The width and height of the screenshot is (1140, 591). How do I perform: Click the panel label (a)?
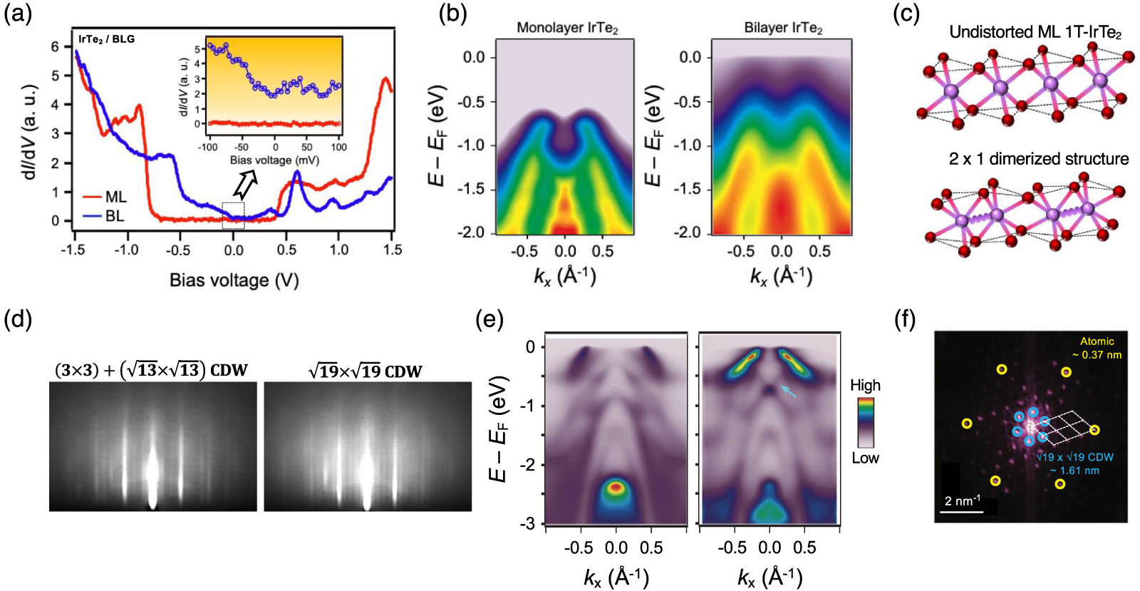coord(18,14)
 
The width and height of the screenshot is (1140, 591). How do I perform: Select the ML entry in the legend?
coord(114,197)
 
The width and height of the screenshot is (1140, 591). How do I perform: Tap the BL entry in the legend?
coord(114,215)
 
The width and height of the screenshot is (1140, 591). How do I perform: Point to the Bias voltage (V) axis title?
coord(234,280)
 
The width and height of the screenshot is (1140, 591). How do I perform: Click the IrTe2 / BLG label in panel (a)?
coord(106,39)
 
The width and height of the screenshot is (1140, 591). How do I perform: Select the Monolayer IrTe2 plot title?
coord(567,29)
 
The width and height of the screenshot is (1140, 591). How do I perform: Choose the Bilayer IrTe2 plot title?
coord(783,29)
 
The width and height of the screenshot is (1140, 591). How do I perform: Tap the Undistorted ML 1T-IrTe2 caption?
coord(1035,33)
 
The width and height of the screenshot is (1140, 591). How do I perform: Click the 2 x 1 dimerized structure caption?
coord(1038,159)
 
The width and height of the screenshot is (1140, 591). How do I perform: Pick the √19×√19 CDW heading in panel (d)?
coord(365,371)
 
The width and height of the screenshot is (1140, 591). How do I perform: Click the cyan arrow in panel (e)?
coord(788,391)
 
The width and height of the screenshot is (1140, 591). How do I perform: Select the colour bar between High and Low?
coord(865,421)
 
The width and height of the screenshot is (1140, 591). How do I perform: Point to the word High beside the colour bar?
coord(865,386)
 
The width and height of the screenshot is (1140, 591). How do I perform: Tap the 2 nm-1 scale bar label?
coord(963,500)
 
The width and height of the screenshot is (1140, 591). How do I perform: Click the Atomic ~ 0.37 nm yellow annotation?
coord(1097,348)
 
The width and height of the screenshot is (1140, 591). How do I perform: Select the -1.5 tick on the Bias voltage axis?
coord(73,250)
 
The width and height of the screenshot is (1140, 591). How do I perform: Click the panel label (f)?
coord(905,321)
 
